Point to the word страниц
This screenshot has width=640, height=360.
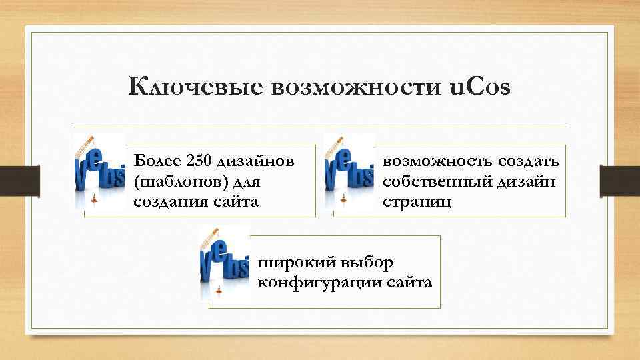click(x=417, y=201)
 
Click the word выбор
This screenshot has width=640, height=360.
click(x=366, y=262)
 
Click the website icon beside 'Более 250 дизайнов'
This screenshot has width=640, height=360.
click(x=99, y=172)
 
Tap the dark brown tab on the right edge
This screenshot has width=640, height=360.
click(x=619, y=180)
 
